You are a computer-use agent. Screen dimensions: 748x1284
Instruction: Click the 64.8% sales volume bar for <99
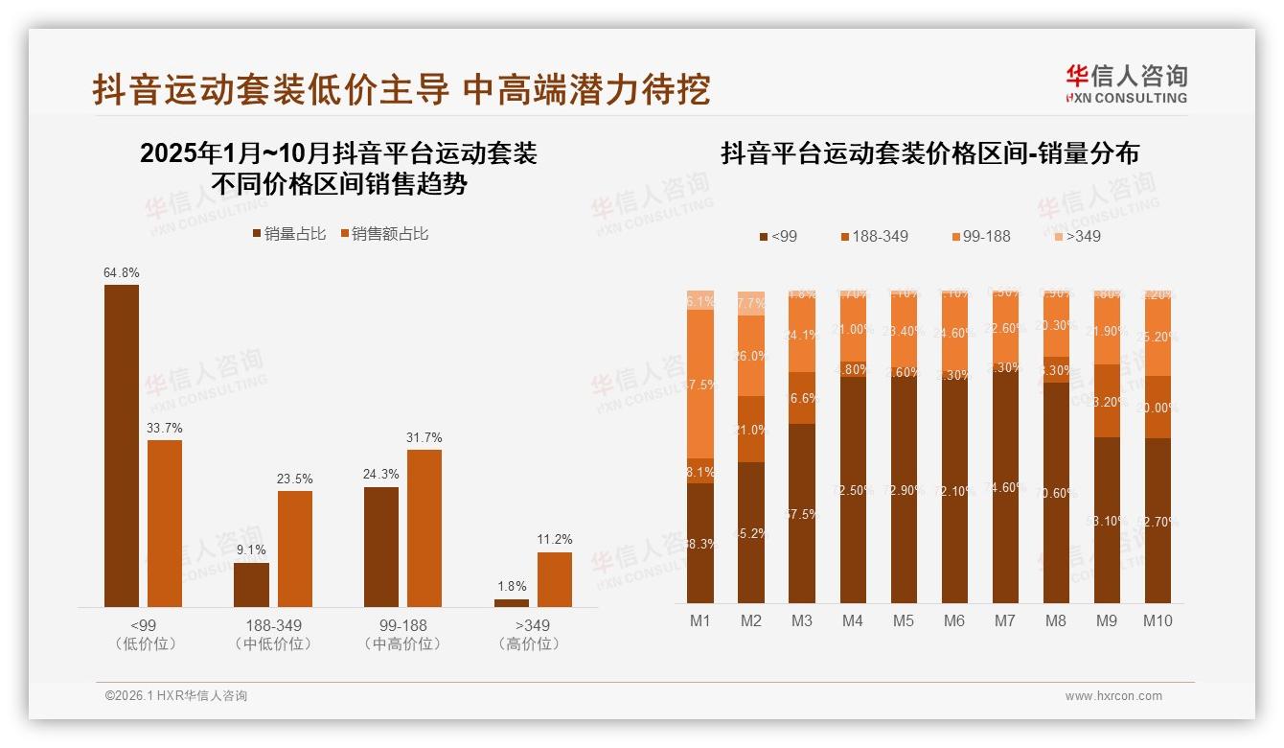pos(122,445)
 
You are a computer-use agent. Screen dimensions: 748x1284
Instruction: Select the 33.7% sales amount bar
pos(165,523)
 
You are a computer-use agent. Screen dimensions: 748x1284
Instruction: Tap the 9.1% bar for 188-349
pos(251,584)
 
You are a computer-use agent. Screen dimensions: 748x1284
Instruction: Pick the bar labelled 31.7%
pos(424,527)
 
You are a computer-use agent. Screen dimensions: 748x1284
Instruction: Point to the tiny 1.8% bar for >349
pos(511,603)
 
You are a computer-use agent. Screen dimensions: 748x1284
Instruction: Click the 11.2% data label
pos(555,539)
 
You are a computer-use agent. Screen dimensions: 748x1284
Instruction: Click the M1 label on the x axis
pos(700,620)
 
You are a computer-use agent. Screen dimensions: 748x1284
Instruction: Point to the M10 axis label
pos(1158,620)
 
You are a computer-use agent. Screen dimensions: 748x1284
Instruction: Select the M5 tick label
pos(904,620)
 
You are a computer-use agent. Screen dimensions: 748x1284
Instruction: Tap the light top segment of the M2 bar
pos(751,303)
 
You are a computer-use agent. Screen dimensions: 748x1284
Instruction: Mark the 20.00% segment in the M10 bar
pos(1158,407)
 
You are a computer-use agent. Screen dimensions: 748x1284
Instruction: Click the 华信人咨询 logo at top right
pos(1126,83)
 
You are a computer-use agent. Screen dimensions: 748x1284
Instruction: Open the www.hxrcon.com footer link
pos(1113,696)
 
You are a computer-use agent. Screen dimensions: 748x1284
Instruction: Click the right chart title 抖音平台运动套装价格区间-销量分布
pos(929,153)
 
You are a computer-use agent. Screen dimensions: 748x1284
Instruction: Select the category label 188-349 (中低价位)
pos(273,634)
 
